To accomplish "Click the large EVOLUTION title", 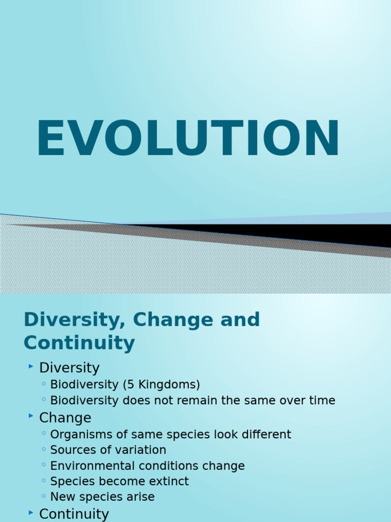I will tap(188, 139).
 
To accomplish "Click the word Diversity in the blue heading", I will tap(70, 320).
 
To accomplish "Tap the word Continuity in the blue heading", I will tap(79, 343).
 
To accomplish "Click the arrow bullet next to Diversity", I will tap(31, 367).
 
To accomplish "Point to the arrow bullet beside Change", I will tap(31, 416).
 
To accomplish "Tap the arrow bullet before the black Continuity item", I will tap(31, 512).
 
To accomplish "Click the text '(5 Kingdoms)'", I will tap(165, 384).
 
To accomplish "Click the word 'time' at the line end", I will tap(322, 401).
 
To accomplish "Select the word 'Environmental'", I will tap(93, 466).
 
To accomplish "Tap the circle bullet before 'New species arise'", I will tap(44, 496).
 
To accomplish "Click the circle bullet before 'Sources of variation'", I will tap(44, 450).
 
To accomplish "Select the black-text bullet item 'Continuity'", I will tap(74, 514).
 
